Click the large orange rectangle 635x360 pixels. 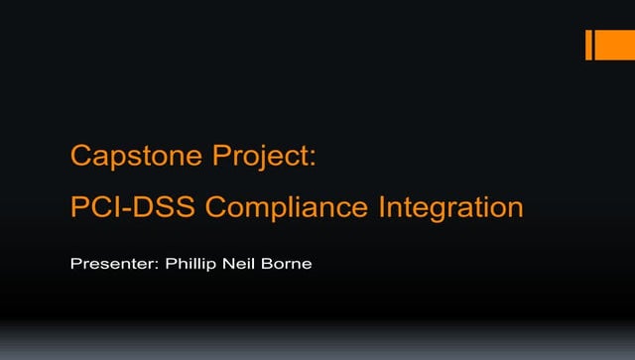(x=609, y=46)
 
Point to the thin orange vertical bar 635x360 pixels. (x=588, y=46)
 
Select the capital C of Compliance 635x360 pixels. (x=218, y=209)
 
